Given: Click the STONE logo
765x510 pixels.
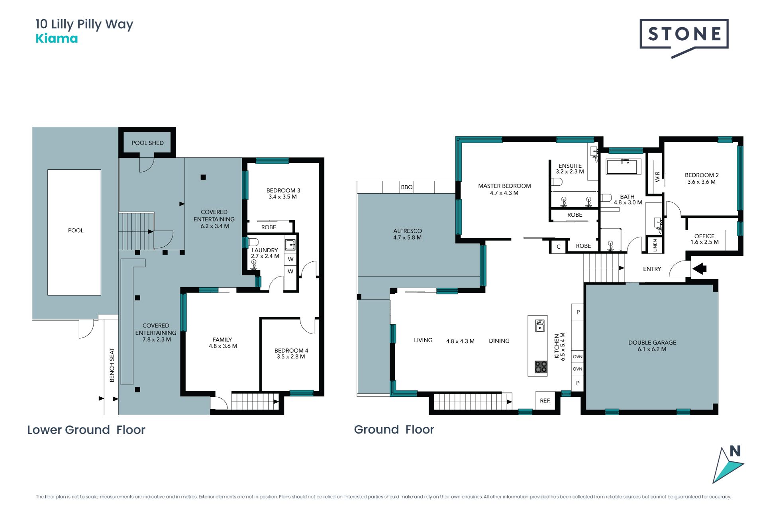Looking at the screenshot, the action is (x=684, y=38).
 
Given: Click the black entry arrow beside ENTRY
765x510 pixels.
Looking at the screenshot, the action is (x=699, y=269).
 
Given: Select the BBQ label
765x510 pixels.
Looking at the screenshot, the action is (x=407, y=187).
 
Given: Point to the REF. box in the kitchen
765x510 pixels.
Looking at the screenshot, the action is (x=545, y=400).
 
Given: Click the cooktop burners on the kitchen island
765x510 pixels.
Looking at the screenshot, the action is (x=541, y=367).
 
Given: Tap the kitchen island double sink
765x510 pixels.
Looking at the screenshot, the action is (x=540, y=326).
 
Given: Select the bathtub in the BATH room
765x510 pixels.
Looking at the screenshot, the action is (x=624, y=167).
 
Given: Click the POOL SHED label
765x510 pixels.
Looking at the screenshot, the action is (x=147, y=143).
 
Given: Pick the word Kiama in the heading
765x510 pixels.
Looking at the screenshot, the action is (x=57, y=39).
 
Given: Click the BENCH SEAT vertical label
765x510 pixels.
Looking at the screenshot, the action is (x=112, y=365).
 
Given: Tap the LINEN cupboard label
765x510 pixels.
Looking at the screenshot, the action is (x=655, y=245).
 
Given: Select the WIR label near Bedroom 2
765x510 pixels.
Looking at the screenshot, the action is (x=657, y=177).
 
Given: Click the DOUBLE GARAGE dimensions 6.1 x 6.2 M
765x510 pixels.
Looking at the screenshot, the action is (x=652, y=349).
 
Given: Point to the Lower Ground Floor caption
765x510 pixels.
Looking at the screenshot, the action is (x=86, y=430).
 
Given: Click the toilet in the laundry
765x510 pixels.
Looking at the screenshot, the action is (x=253, y=242).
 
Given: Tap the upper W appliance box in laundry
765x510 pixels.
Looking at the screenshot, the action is (x=290, y=259).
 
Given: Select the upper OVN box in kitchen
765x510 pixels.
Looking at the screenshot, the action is (x=577, y=357).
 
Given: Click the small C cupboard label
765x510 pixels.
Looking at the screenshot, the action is (x=559, y=247).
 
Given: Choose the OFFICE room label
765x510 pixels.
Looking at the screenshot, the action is (x=704, y=236).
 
